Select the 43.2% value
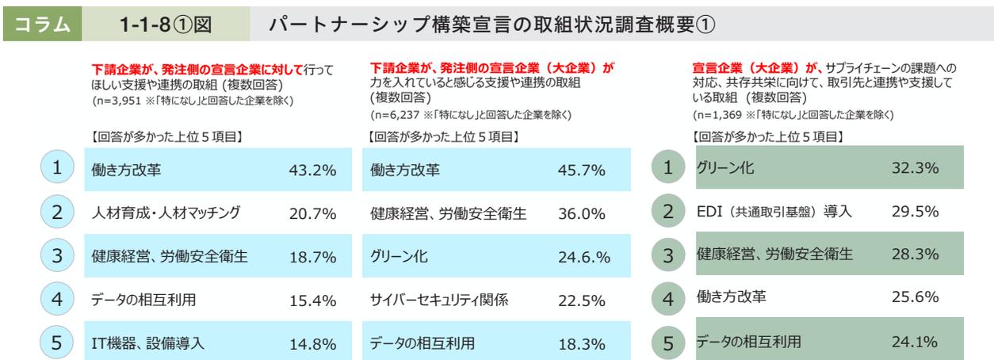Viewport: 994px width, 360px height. (311, 170)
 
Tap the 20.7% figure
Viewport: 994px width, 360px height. (311, 213)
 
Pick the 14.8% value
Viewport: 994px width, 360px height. (311, 343)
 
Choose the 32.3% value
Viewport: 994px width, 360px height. (915, 167)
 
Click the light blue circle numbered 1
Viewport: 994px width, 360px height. (56, 168)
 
